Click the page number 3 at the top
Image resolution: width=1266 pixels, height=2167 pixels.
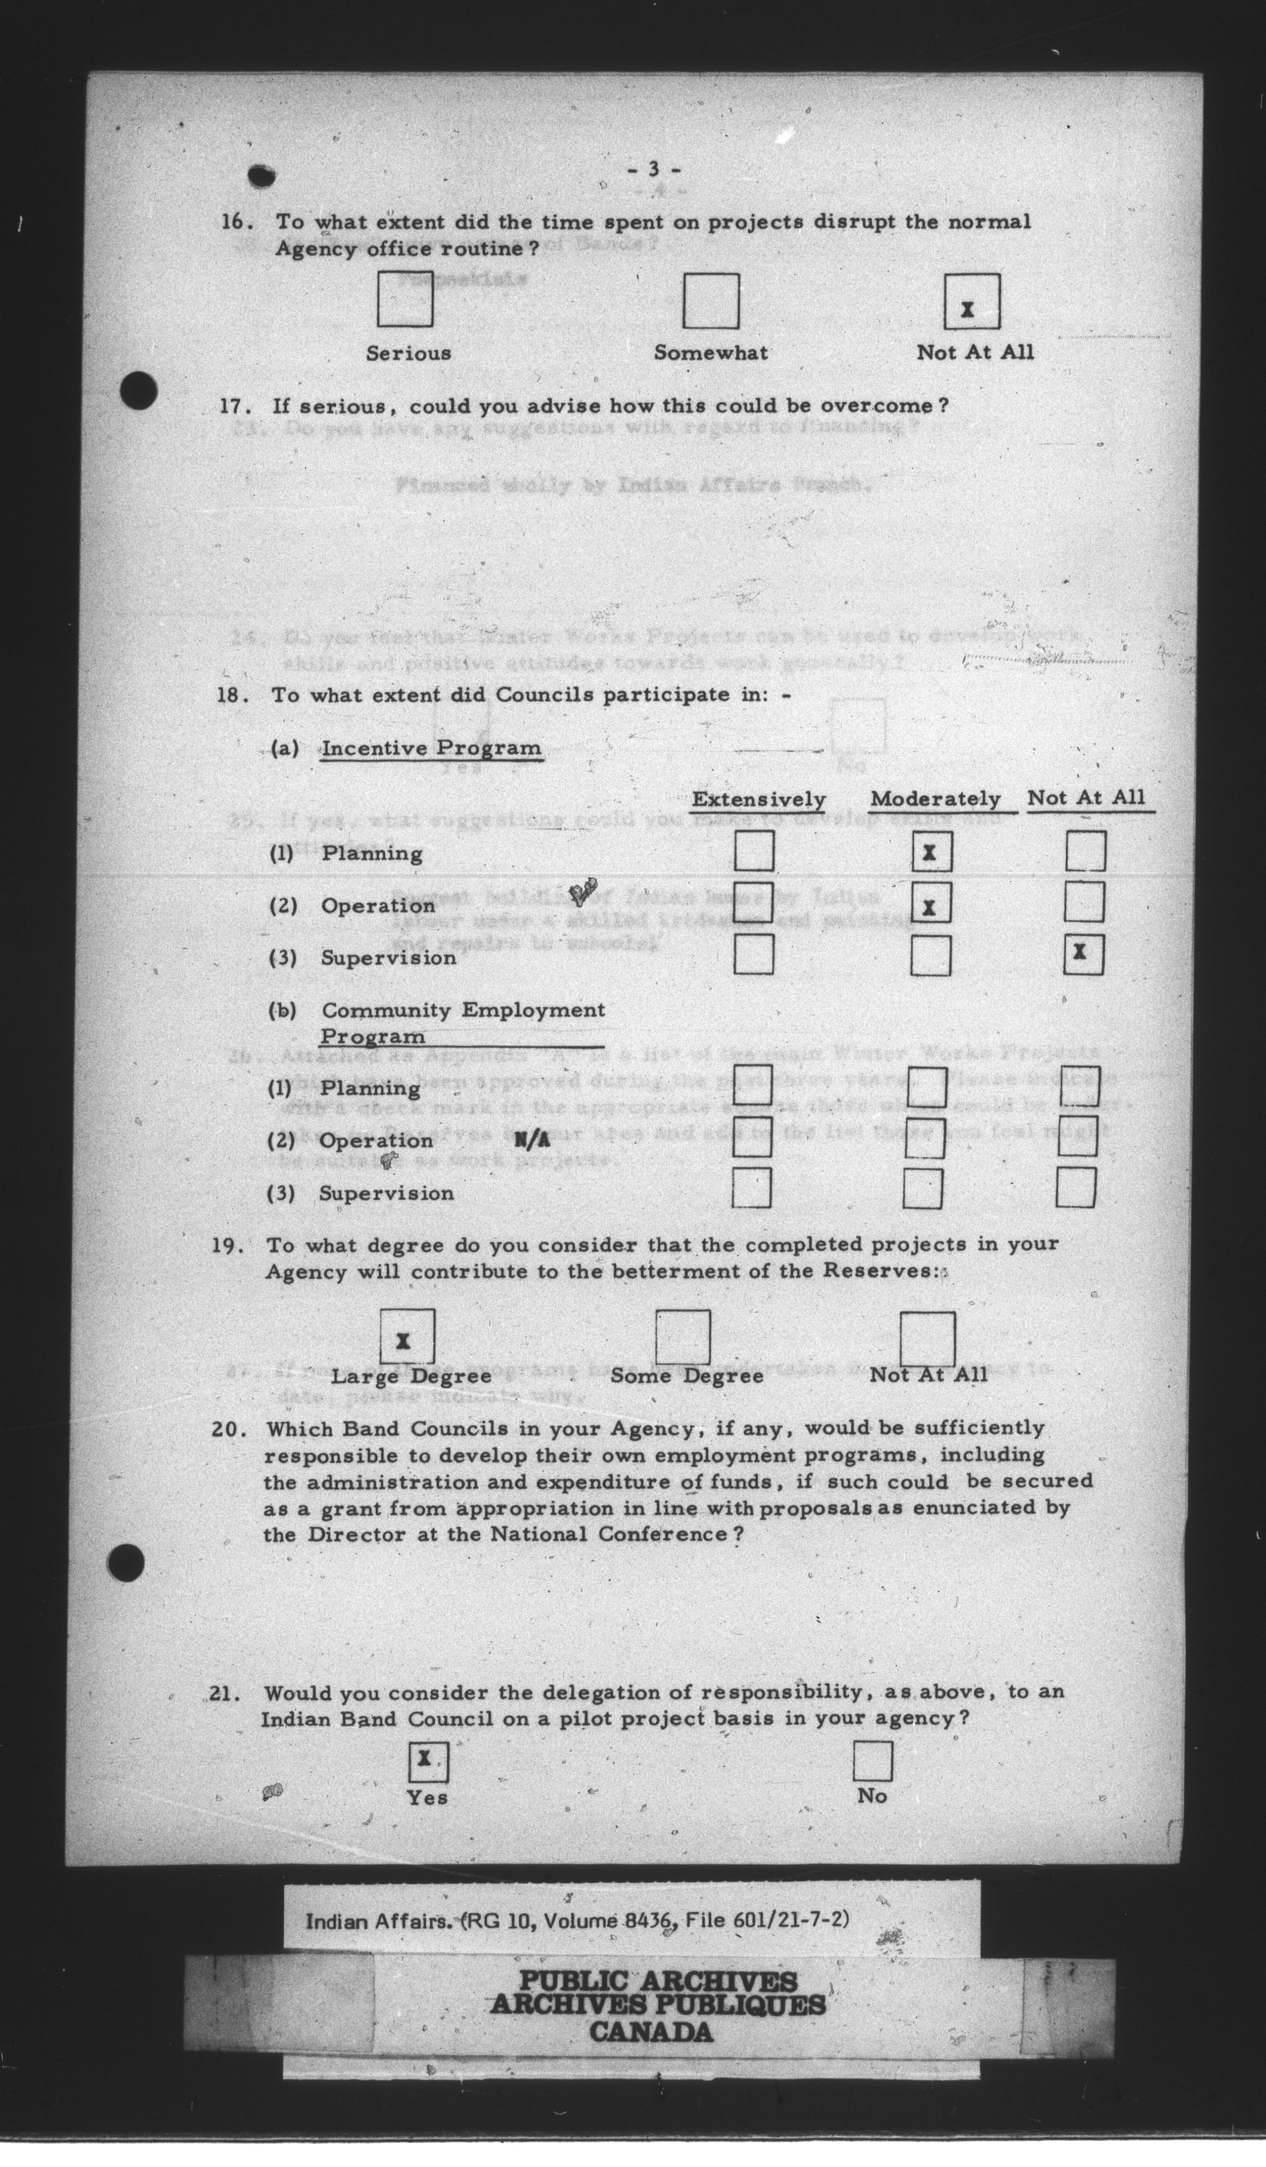pos(654,169)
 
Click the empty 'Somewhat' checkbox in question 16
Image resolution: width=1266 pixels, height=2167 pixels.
pos(711,301)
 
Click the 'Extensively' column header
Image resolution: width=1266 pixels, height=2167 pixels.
pos(758,799)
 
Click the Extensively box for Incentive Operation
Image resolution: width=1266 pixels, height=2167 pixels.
pos(753,902)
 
